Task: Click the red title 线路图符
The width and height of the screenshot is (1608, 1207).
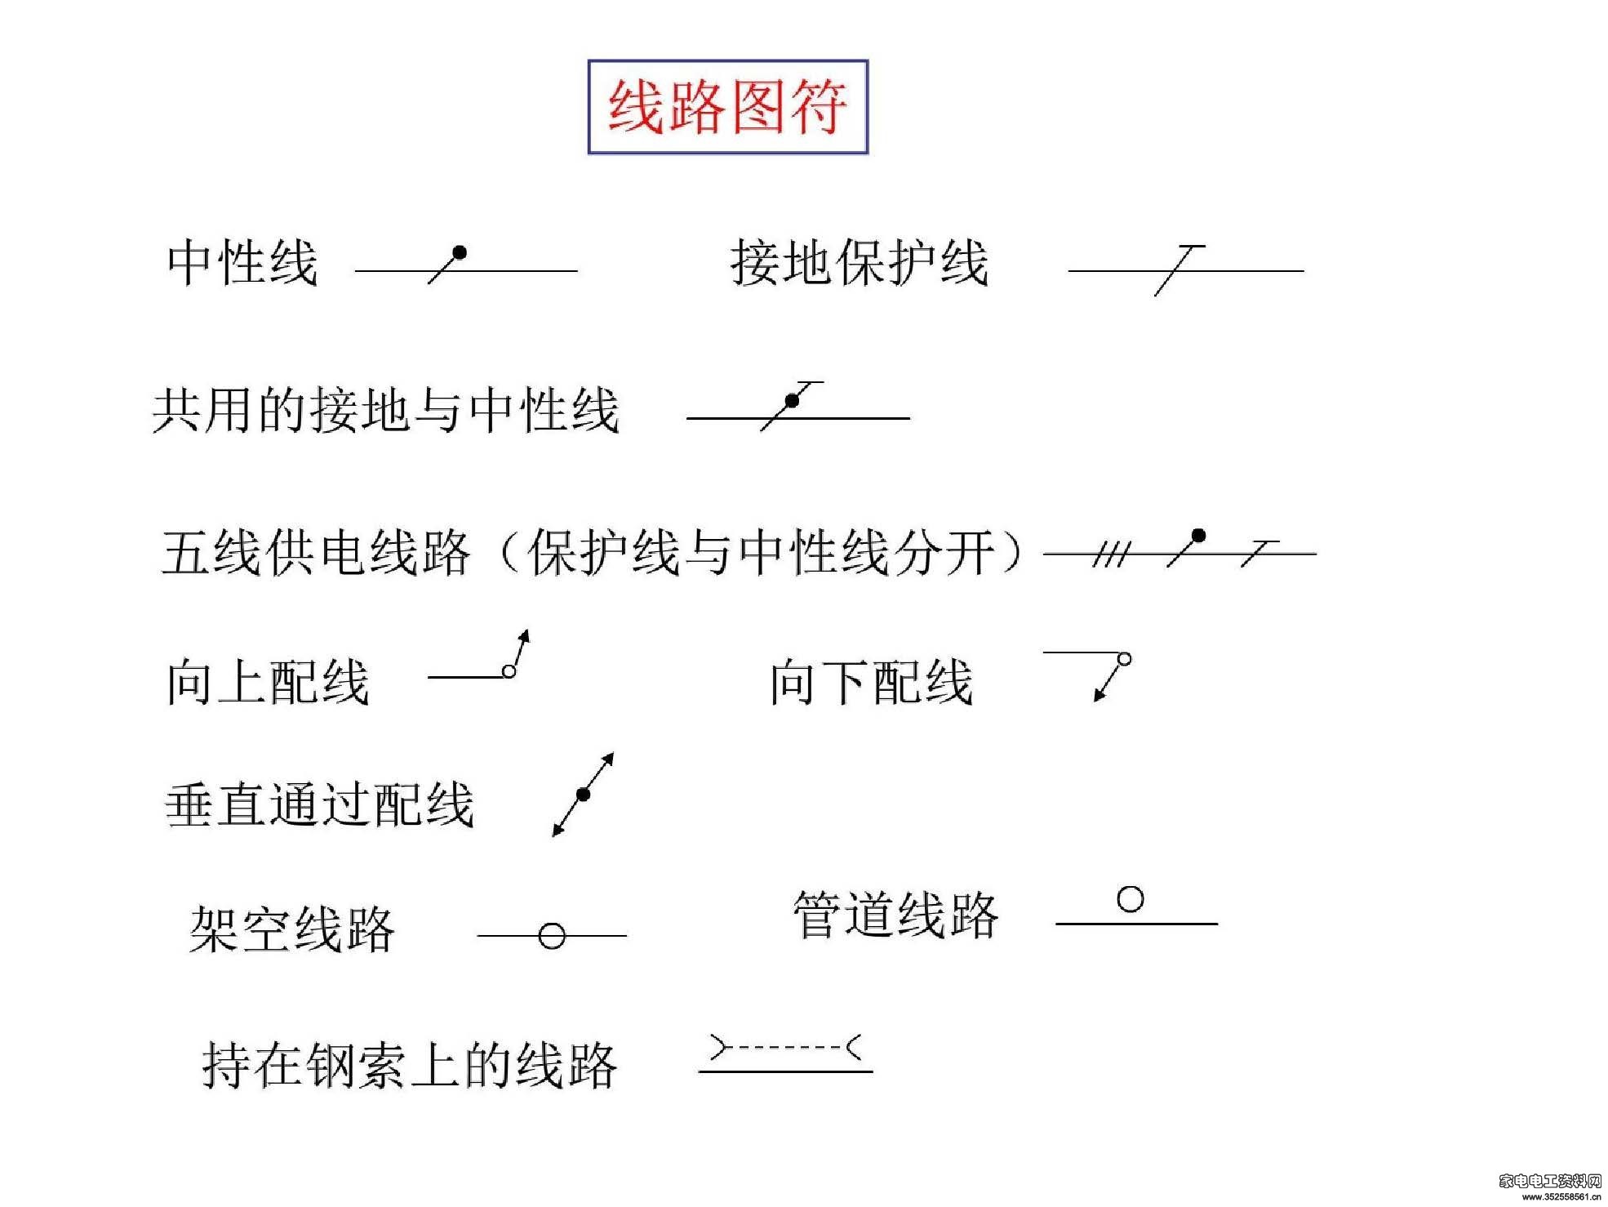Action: pyautogui.click(x=727, y=107)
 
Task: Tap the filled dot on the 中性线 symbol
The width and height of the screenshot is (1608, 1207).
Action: pyautogui.click(x=460, y=253)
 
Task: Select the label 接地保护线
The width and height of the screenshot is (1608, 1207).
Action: pyautogui.click(x=860, y=263)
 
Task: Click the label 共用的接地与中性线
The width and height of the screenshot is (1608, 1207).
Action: pyautogui.click(x=385, y=409)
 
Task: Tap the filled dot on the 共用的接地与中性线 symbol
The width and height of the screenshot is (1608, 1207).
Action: pyautogui.click(x=792, y=401)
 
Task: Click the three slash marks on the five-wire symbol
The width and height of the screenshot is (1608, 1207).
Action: pyautogui.click(x=1111, y=555)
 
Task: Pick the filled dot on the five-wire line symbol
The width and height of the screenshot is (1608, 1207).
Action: pyautogui.click(x=1198, y=537)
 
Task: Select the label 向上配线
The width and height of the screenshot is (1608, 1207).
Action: pyautogui.click(x=268, y=682)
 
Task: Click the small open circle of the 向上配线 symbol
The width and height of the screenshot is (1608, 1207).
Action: pyautogui.click(x=509, y=671)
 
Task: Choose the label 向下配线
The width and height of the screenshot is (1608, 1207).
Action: pyautogui.click(x=872, y=682)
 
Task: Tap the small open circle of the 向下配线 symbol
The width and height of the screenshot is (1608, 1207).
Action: pyautogui.click(x=1124, y=659)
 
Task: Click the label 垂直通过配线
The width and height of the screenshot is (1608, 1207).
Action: pyautogui.click(x=319, y=804)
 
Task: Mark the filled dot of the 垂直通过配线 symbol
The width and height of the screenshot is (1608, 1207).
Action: pyautogui.click(x=583, y=794)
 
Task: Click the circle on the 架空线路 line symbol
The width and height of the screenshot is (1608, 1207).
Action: pyautogui.click(x=552, y=936)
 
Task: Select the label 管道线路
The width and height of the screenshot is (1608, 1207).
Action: pyautogui.click(x=895, y=914)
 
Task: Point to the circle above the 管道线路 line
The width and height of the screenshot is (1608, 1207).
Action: pyautogui.click(x=1130, y=899)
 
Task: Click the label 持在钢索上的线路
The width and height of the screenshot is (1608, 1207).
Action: pyautogui.click(x=409, y=1065)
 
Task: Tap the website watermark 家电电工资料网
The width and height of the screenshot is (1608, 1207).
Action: pyautogui.click(x=1550, y=1180)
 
